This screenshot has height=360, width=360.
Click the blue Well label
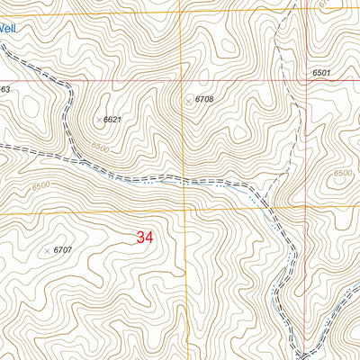[7, 28]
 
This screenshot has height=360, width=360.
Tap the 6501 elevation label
[322, 73]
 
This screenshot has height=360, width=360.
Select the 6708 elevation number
[205, 100]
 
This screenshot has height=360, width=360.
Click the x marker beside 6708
[188, 100]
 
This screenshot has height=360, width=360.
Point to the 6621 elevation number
[112, 119]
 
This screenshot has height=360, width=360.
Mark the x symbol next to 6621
[98, 119]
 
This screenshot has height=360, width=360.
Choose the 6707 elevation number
[62, 249]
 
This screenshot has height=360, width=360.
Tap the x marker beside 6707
[47, 250]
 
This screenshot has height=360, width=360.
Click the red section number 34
[145, 238]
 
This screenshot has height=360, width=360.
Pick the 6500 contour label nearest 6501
[342, 173]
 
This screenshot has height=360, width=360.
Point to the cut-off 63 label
[4, 89]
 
